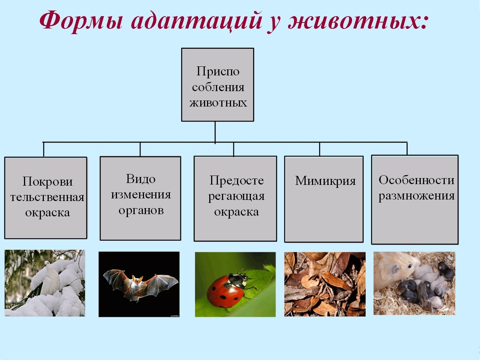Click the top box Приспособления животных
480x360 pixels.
coord(217,85)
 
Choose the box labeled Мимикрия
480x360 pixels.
coord(324,199)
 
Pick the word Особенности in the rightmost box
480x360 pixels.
coord(417,180)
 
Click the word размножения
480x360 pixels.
coord(417,196)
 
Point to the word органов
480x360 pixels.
coord(141,211)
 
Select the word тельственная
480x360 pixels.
coord(47,197)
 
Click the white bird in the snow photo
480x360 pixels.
coord(51,277)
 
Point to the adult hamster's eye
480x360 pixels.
coord(409,266)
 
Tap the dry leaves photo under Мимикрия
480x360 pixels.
coord(325,284)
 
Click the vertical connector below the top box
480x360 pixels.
coord(215,132)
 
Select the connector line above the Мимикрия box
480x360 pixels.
coord(319,149)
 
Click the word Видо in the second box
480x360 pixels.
coord(141,179)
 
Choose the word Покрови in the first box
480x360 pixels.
coord(48,181)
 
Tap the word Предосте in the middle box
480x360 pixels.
coord(237,181)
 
